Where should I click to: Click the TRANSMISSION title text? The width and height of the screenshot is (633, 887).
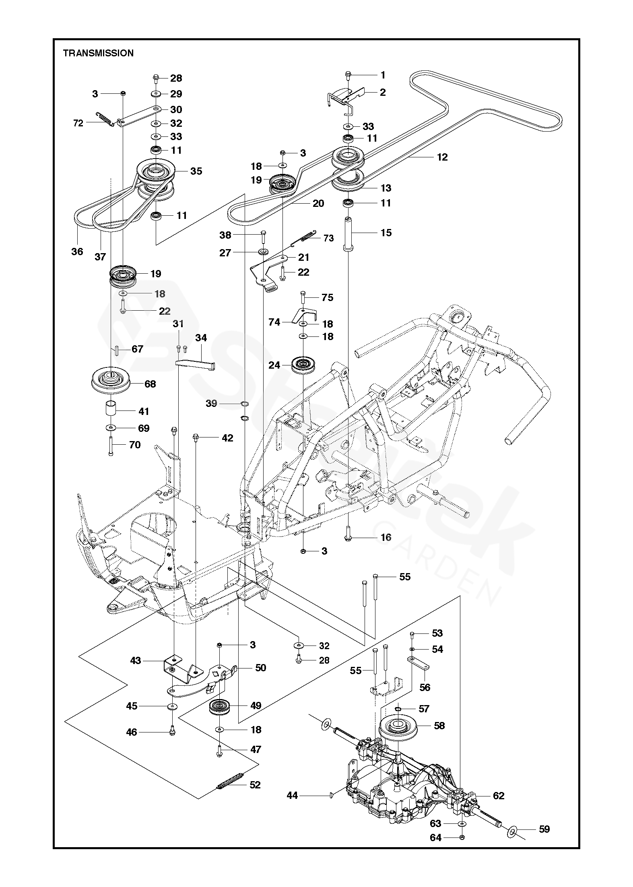click(98, 53)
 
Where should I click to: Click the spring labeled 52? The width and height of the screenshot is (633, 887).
click(231, 782)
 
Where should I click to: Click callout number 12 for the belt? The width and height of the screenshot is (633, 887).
click(442, 157)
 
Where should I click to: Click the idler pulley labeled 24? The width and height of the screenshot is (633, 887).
click(304, 365)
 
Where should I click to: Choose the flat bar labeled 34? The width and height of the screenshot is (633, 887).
click(196, 364)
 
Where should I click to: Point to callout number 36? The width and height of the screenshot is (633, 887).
click(77, 252)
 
